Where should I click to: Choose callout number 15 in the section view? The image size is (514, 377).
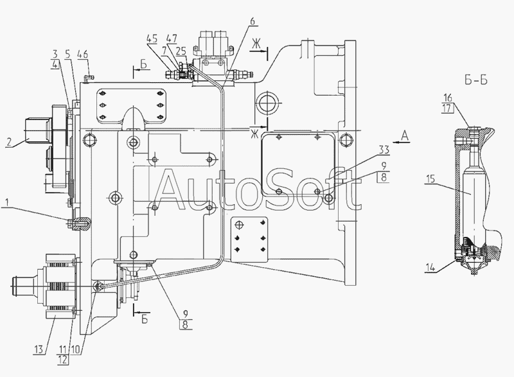click(x=430, y=182)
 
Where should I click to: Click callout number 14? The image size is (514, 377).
click(x=430, y=268)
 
